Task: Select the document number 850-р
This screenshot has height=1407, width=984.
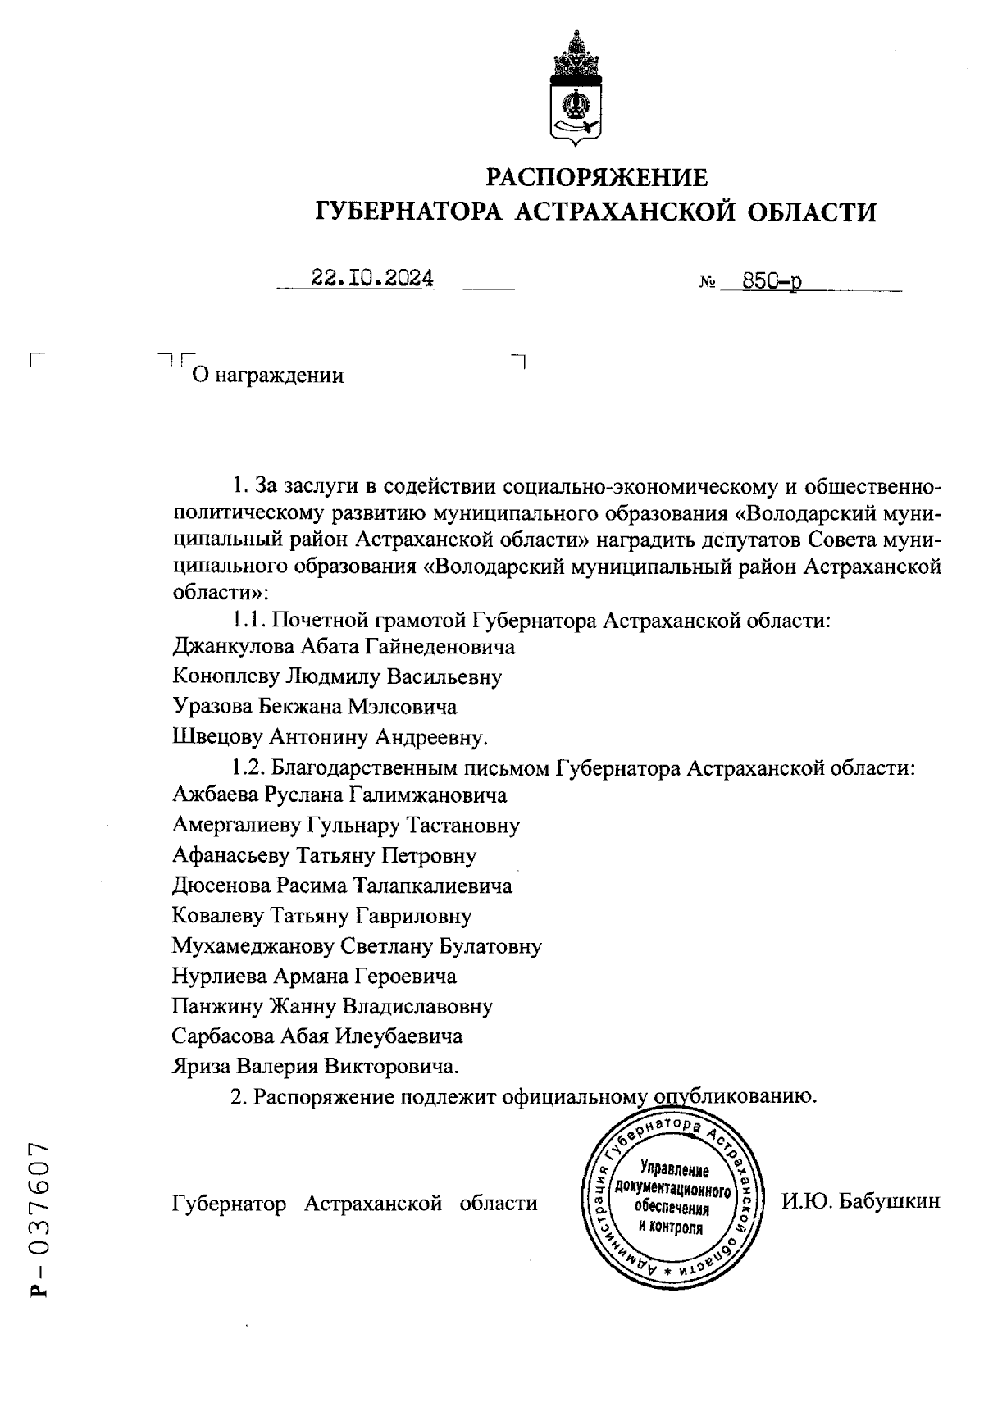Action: click(772, 281)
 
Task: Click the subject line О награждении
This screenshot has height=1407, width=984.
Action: click(267, 376)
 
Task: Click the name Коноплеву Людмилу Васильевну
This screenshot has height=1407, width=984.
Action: click(337, 676)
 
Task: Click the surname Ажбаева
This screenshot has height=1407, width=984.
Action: click(216, 795)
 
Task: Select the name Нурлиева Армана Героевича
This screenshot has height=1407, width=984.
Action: click(314, 976)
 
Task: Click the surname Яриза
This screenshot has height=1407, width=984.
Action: click(201, 1066)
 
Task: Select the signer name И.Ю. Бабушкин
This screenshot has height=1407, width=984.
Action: click(860, 1203)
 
